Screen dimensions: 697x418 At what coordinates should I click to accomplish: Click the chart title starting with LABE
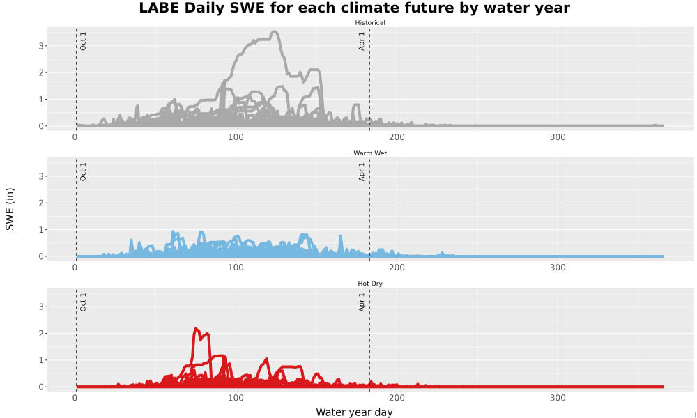click(354, 8)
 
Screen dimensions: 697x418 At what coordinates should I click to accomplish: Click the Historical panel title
click(370, 23)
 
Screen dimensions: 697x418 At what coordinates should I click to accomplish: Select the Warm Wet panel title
click(370, 153)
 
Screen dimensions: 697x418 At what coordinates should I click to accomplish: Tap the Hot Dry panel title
click(370, 284)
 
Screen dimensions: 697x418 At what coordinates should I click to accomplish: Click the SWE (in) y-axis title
click(10, 209)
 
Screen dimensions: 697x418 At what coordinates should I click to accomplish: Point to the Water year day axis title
click(354, 412)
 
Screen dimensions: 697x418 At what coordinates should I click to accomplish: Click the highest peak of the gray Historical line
click(274, 32)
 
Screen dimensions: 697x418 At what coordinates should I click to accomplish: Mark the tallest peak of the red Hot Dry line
click(196, 329)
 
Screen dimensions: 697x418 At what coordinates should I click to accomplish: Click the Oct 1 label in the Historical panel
click(83, 41)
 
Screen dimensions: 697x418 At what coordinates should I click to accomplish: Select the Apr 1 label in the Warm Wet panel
click(362, 172)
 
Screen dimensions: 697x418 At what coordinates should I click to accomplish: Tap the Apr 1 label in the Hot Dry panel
click(362, 302)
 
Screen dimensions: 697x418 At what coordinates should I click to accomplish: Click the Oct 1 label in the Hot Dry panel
click(83, 302)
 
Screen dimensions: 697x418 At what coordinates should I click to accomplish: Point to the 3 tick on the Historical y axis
click(40, 46)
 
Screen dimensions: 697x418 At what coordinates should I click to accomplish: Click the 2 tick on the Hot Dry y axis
click(40, 334)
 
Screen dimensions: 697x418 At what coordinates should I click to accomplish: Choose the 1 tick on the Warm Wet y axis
click(40, 230)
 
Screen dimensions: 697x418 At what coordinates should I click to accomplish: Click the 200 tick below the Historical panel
click(397, 137)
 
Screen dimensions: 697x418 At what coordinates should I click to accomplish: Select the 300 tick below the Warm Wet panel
click(558, 268)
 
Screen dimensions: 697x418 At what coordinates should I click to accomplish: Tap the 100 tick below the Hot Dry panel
click(236, 398)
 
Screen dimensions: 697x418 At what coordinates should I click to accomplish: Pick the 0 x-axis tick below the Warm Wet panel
click(75, 268)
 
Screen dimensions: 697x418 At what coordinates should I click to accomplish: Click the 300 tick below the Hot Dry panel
click(558, 398)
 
